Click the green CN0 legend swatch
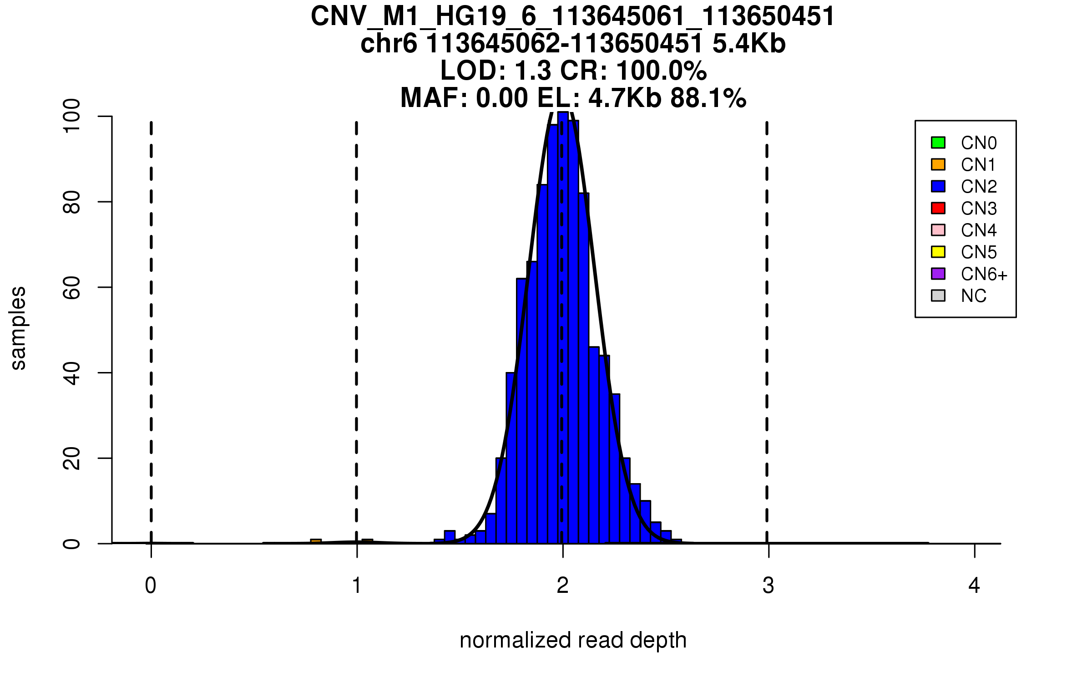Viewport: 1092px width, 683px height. tap(938, 143)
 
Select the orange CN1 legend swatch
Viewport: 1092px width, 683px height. tap(938, 164)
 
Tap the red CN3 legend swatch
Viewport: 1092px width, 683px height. tap(938, 208)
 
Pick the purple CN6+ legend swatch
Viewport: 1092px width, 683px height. tap(938, 274)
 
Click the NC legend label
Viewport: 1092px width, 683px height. tap(973, 296)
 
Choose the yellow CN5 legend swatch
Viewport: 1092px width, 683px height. tap(938, 252)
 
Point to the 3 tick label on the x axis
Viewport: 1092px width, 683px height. tap(768, 586)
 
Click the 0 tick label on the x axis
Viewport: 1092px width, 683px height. tap(151, 586)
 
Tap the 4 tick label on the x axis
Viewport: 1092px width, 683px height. tap(974, 586)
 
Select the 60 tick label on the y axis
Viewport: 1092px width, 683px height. tap(72, 287)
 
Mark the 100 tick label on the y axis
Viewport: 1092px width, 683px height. tap(72, 117)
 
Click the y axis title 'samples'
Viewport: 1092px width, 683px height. tap(18, 328)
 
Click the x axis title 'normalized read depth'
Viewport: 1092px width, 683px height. tap(573, 640)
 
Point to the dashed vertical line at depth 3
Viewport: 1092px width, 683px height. tap(767, 319)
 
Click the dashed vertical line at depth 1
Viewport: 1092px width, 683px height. tap(356, 319)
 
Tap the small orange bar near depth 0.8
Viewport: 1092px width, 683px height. tap(316, 541)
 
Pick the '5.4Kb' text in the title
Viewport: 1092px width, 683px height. tap(749, 44)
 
